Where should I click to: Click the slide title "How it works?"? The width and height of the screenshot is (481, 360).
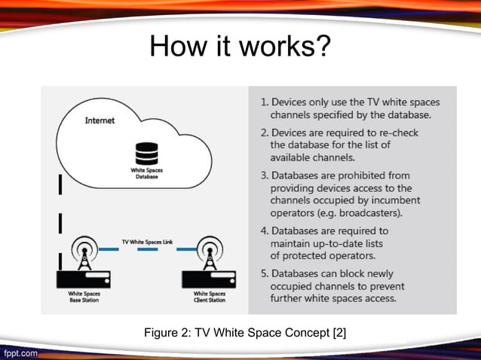240,47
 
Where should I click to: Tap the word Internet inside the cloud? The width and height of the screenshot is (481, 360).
100,121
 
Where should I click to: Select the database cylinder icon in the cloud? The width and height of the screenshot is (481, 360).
142,155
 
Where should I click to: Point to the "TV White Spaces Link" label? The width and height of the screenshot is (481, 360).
147,242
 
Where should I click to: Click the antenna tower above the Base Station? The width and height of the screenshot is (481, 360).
84,255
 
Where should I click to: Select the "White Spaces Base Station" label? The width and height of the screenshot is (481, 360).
84,297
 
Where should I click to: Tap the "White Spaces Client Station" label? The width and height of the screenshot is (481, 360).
209,297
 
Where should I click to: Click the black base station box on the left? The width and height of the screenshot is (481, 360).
84,279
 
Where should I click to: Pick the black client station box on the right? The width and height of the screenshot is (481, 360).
209,279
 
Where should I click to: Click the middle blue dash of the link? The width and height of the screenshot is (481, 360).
147,252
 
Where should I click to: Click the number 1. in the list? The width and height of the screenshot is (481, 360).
265,102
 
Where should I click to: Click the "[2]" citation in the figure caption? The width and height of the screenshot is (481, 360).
339,333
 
